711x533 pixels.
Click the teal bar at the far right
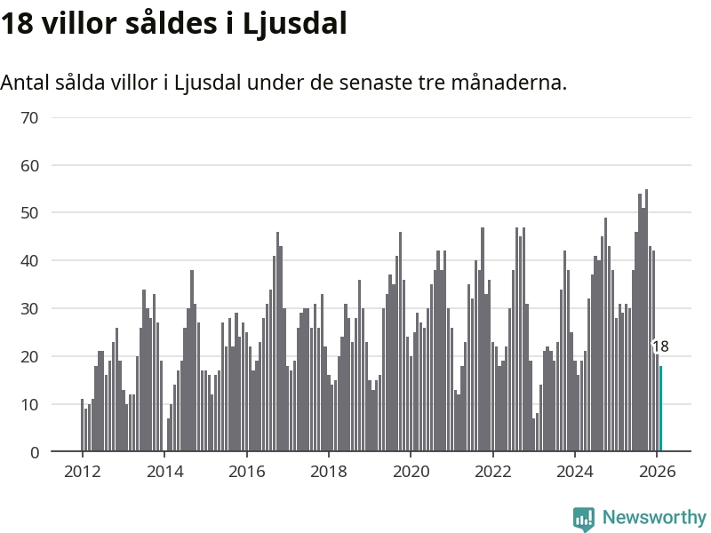tap(660, 409)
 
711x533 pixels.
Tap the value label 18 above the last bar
tap(660, 347)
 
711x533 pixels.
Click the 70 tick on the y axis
tap(29, 117)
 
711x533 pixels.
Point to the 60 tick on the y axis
tap(29, 165)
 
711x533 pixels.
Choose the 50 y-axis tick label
tap(29, 213)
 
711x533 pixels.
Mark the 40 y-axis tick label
tap(29, 261)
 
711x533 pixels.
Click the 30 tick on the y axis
tap(29, 309)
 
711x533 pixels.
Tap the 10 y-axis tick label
tap(29, 405)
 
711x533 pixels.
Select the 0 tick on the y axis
tap(35, 453)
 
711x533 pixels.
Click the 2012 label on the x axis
tap(82, 472)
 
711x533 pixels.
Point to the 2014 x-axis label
tap(164, 472)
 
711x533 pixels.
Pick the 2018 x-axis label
tap(328, 472)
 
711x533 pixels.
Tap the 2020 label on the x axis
tap(410, 472)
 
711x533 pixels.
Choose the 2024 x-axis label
tap(574, 472)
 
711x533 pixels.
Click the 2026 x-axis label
tap(656, 472)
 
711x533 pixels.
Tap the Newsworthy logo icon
tap(584, 519)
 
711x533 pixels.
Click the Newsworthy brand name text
tap(654, 517)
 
